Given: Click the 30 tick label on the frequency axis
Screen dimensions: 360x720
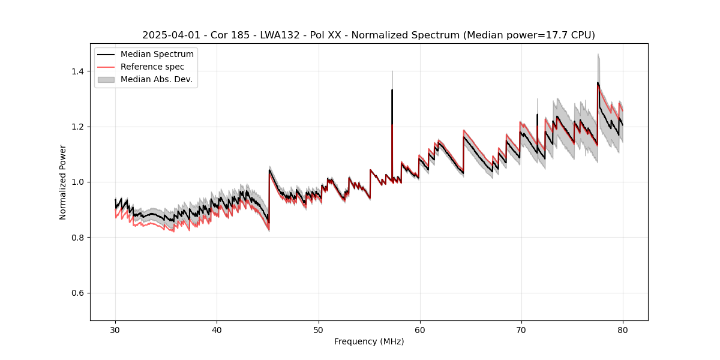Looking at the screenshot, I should click(115, 329).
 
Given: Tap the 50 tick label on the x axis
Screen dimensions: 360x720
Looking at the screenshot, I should click(318, 329).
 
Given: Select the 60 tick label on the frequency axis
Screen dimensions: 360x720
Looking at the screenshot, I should click(419, 329).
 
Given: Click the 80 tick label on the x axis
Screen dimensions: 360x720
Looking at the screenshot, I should click(623, 329).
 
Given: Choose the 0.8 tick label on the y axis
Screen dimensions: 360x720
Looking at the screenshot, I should click(79, 238).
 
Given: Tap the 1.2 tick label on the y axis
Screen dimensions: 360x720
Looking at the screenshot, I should click(79, 127).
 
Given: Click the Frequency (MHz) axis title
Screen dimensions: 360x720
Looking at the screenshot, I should click(369, 341).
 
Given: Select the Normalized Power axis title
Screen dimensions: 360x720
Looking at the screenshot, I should click(63, 182).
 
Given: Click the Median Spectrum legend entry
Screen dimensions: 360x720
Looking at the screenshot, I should click(157, 55).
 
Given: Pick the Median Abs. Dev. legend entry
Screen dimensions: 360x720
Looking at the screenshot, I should click(156, 79).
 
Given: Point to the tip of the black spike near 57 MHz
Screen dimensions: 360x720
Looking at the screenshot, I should click(392, 90).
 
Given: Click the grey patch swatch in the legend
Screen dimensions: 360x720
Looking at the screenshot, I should click(106, 79).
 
